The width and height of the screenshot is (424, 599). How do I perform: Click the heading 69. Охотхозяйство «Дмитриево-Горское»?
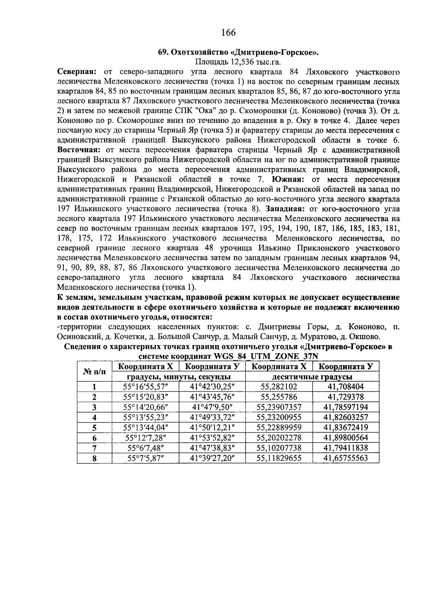238,53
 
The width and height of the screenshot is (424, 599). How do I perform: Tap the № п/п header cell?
94,371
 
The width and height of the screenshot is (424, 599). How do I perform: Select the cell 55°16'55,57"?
145,387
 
